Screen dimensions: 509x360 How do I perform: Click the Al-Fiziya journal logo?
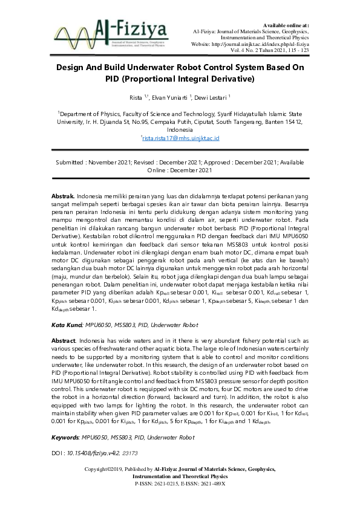coord(110,30)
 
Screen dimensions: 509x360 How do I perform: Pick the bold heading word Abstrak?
coord(62,196)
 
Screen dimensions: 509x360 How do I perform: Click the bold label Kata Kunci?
coord(67,325)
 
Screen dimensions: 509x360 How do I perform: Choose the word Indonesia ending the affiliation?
coord(180,130)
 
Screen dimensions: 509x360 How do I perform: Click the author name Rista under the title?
coord(136,97)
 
